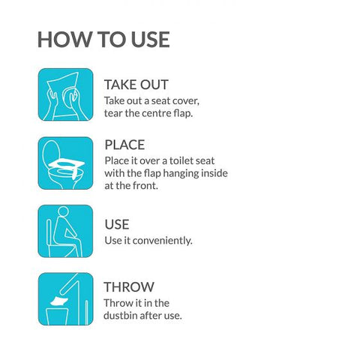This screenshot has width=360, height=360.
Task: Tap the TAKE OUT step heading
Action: point(136,84)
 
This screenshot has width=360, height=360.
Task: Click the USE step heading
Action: point(117,224)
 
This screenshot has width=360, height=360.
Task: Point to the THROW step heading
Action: point(129,286)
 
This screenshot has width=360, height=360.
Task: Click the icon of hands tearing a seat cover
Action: point(65,95)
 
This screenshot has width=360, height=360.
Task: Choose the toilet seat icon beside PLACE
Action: point(65,163)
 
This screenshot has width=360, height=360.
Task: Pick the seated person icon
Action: point(65,231)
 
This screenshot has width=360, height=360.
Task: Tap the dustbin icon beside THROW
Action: point(65,299)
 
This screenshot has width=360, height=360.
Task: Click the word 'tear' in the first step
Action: point(113,113)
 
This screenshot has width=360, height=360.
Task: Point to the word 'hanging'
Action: point(179,173)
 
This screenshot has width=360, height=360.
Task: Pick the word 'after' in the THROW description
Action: point(154,316)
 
